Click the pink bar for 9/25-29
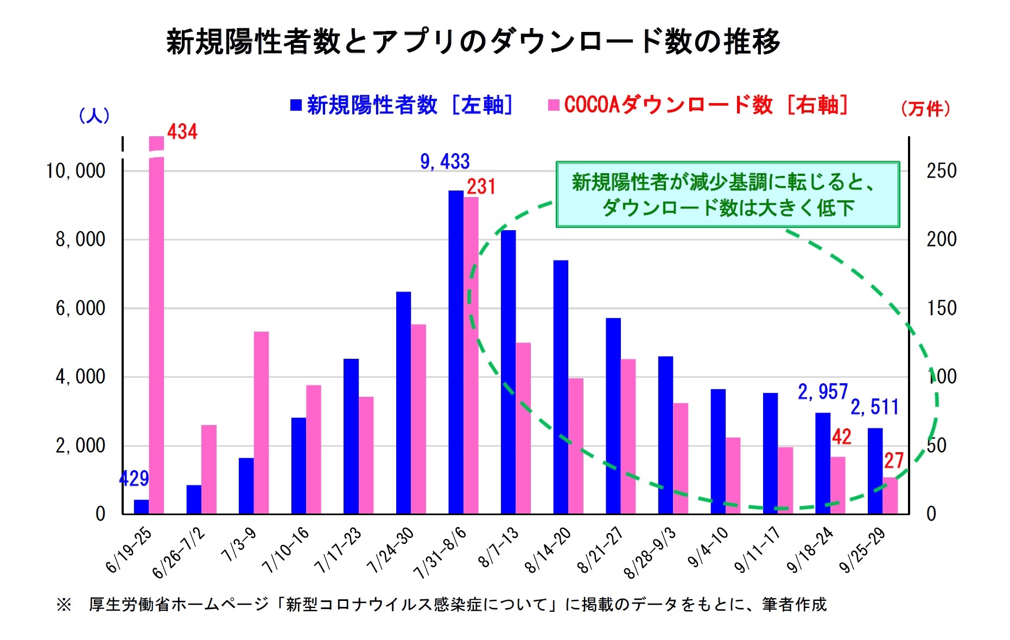(x=890, y=495)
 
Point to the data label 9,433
(x=444, y=162)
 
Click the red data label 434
(x=182, y=132)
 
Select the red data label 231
(x=481, y=187)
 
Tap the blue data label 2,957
(x=822, y=391)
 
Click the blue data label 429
(x=134, y=478)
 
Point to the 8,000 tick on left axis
(x=80, y=239)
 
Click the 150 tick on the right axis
(x=941, y=308)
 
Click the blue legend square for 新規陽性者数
(x=296, y=105)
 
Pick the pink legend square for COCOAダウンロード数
(x=554, y=105)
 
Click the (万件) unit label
(x=925, y=109)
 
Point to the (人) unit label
(x=94, y=115)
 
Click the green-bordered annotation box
(x=727, y=194)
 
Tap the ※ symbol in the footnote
(x=64, y=604)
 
